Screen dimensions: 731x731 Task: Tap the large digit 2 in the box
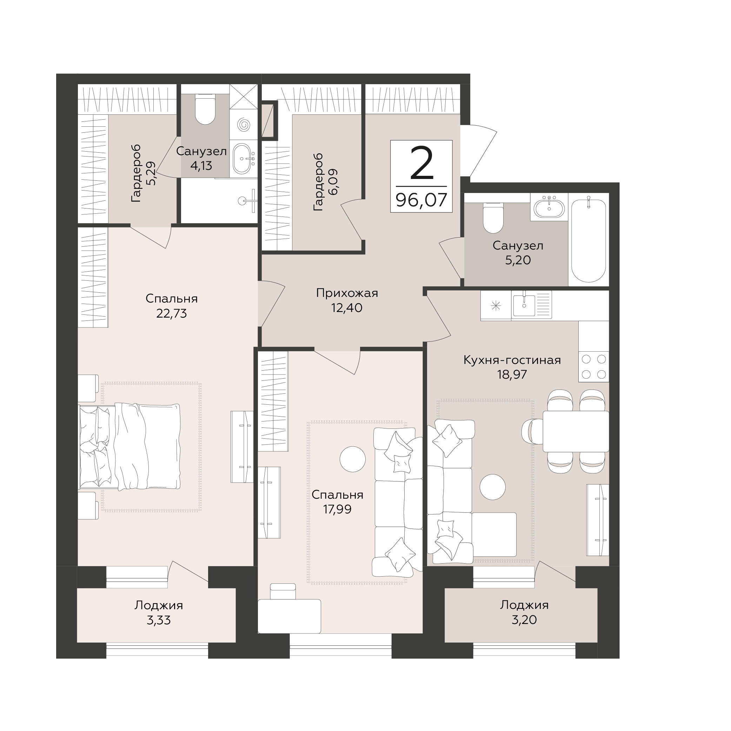(421, 164)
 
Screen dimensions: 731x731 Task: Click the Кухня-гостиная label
(512, 360)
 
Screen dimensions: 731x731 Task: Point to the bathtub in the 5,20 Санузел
(589, 240)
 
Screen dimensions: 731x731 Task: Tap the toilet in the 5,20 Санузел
(493, 218)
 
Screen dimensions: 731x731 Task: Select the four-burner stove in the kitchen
(594, 366)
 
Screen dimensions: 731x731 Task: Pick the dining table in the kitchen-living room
(576, 431)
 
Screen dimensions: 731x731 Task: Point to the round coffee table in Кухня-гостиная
(492, 487)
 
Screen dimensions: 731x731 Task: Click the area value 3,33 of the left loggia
(159, 620)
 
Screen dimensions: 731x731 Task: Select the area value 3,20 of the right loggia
(524, 620)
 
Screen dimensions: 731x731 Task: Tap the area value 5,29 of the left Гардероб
(151, 173)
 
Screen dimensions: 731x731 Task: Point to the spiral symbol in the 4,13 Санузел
(244, 125)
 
